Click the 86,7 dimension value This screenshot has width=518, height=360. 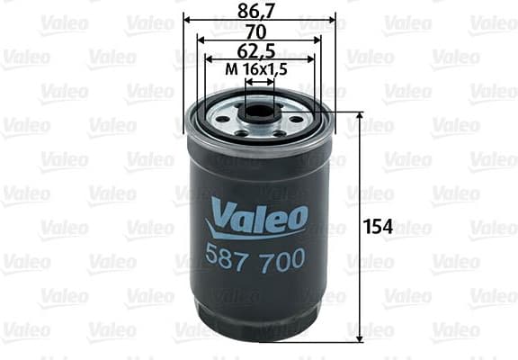259,9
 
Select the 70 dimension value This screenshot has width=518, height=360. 259,31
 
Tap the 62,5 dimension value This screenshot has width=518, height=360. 259,50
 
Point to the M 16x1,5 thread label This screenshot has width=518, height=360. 259,69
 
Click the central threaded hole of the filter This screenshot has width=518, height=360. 259,114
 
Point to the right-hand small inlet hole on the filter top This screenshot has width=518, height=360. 296,120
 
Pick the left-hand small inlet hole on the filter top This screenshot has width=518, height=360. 220,120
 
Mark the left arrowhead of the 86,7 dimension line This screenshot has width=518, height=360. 187,18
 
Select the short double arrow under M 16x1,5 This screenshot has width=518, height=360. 259,81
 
